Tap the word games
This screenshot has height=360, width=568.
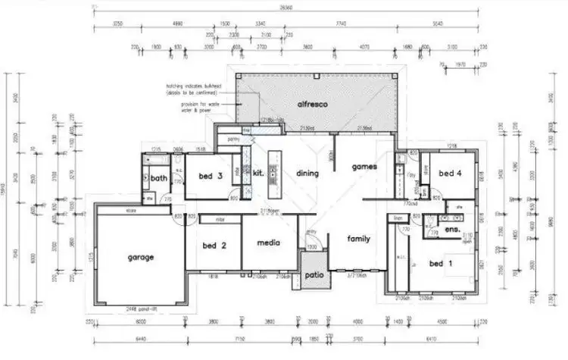click(x=364, y=166)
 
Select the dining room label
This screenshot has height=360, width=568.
click(x=307, y=173)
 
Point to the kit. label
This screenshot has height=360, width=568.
click(x=257, y=173)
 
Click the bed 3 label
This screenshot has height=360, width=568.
click(x=210, y=177)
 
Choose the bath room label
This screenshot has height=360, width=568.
click(x=158, y=179)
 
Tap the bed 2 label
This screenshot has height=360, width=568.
click(x=214, y=246)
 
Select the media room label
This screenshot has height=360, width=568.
click(x=268, y=243)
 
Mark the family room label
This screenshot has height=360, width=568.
click(x=359, y=239)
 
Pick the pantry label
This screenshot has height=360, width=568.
click(x=226, y=139)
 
